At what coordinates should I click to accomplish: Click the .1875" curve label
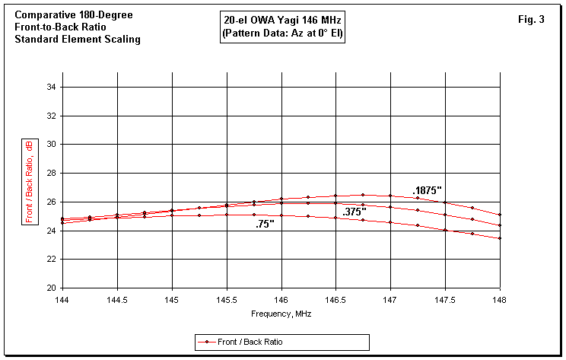428,191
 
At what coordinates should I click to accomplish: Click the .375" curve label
355,212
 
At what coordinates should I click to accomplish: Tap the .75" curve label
266,225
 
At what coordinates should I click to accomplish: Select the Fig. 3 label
530,20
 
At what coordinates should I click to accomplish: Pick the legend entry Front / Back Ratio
281,342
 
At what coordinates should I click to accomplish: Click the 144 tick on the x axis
62,300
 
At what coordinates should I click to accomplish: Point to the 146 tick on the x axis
281,300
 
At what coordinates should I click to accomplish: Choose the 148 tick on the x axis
500,300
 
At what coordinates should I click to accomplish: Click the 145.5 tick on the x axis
227,300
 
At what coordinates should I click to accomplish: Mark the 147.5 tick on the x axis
445,300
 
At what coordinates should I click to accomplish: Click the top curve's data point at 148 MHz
500,215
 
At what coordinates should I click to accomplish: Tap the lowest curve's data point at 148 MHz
500,238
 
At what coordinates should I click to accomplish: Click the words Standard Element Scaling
78,40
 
